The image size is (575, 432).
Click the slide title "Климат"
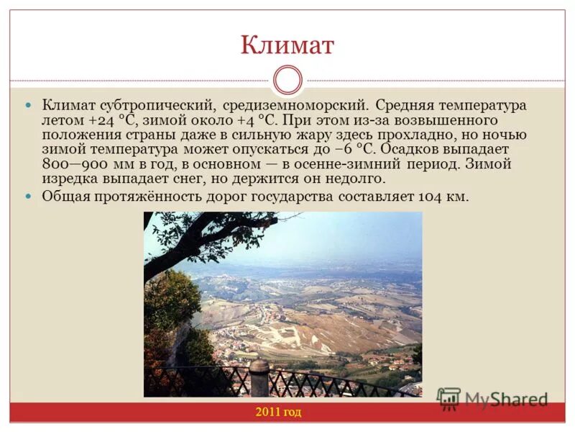pos(287,45)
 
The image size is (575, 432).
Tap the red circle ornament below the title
pos(288,80)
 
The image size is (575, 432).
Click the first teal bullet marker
pos(29,105)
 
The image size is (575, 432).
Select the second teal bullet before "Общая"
pos(29,196)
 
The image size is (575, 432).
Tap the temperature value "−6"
pos(341,150)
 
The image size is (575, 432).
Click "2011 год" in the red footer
pos(277,412)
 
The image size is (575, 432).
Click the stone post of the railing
pos(259,378)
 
